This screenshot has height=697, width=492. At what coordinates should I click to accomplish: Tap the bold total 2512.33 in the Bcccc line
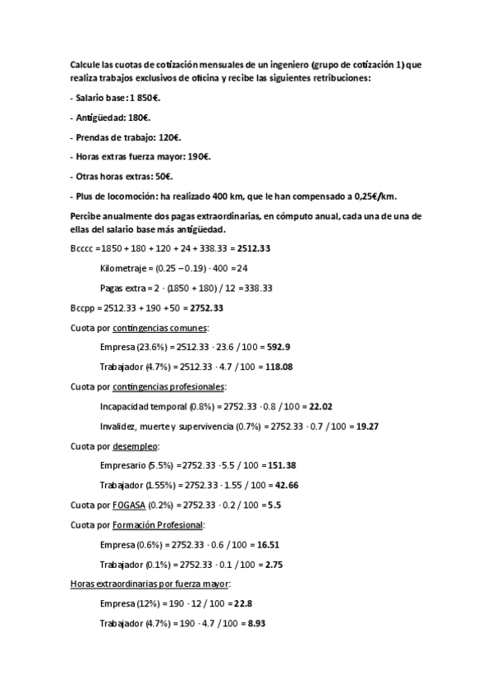tap(253, 247)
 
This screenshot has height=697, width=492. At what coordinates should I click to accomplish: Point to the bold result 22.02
tap(320, 407)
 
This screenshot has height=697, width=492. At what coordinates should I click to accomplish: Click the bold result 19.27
tap(366, 427)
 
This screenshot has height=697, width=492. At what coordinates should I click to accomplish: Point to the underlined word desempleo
tap(136, 446)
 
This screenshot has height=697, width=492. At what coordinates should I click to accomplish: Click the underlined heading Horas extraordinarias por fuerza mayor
tap(150, 584)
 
